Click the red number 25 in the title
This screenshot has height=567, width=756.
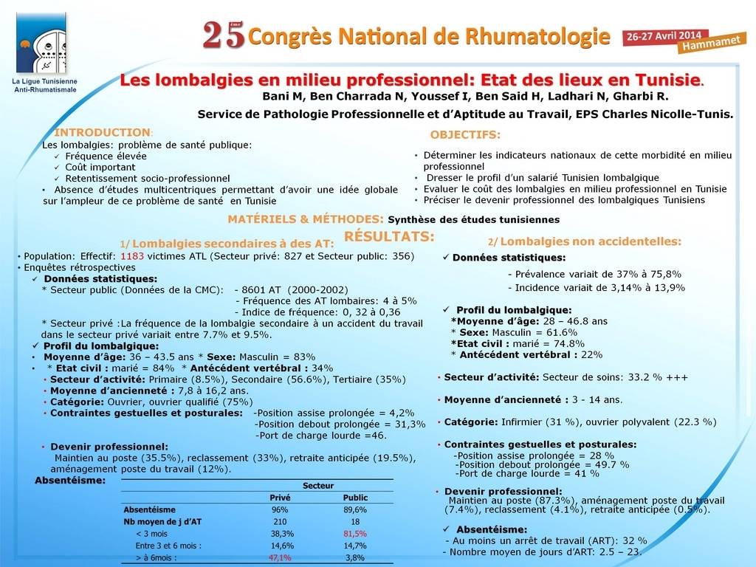(223, 35)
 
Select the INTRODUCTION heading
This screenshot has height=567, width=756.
(103, 133)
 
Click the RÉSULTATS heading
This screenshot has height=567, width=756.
(389, 236)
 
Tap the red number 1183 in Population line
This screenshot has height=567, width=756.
(132, 255)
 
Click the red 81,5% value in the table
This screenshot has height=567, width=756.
(355, 533)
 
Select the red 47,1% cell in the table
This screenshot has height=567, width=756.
(280, 557)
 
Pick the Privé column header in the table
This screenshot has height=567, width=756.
(280, 498)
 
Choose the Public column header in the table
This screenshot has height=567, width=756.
(355, 498)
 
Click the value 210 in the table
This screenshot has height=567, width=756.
(280, 521)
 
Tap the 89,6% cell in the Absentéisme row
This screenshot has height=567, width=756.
(355, 509)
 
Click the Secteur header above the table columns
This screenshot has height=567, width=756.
(318, 485)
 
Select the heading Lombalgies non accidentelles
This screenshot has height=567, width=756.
(590, 241)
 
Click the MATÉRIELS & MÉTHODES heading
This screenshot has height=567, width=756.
(306, 219)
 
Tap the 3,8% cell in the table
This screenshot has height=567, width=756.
(355, 557)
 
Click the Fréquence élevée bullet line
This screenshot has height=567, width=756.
(106, 156)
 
